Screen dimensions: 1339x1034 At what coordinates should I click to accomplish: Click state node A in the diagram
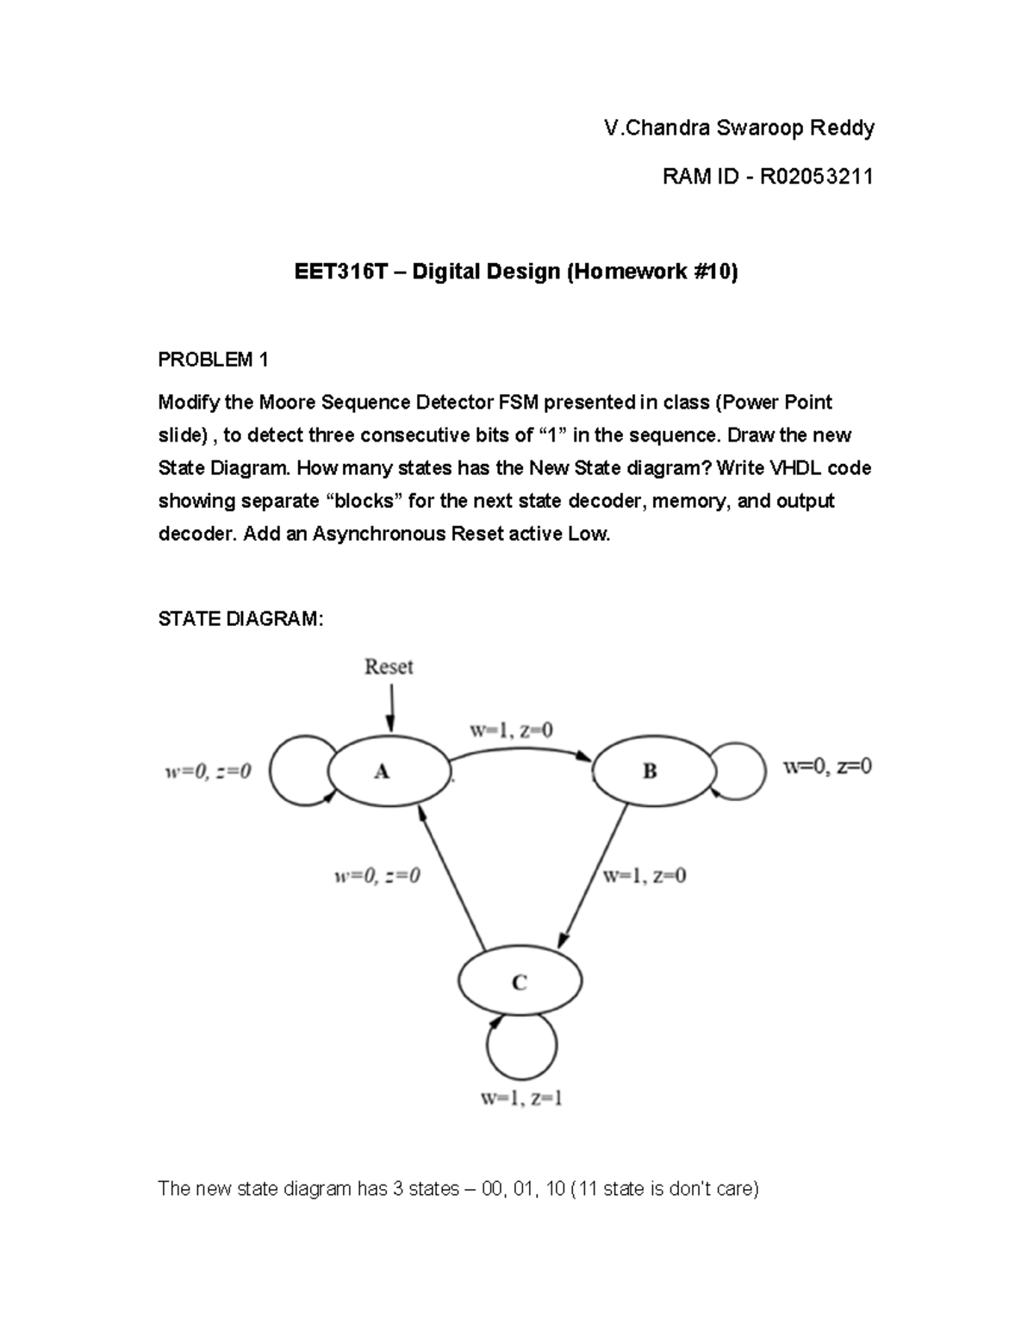[x=383, y=772]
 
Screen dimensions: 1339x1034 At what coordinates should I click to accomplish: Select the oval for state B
[x=651, y=772]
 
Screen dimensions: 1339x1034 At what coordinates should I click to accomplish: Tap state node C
[x=520, y=982]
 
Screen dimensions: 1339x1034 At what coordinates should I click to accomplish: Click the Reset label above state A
[x=389, y=666]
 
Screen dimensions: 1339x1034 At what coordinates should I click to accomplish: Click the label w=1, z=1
[x=521, y=1098]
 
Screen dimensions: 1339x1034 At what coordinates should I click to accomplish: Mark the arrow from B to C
[x=595, y=875]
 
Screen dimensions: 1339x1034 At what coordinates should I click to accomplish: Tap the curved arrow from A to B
[x=521, y=750]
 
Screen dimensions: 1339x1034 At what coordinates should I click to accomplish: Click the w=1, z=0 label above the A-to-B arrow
[x=511, y=730]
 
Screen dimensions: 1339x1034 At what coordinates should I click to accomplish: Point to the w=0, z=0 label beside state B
[x=826, y=766]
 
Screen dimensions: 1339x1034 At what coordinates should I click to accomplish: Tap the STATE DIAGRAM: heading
[x=240, y=619]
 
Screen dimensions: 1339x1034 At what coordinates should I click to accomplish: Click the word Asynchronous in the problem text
[x=379, y=534]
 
